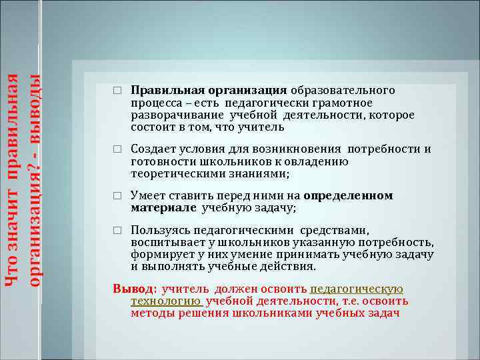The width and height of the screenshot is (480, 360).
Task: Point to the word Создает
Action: (x=153, y=149)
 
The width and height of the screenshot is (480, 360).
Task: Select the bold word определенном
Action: (x=348, y=195)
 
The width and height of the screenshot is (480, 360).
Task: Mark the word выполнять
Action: (x=169, y=266)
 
